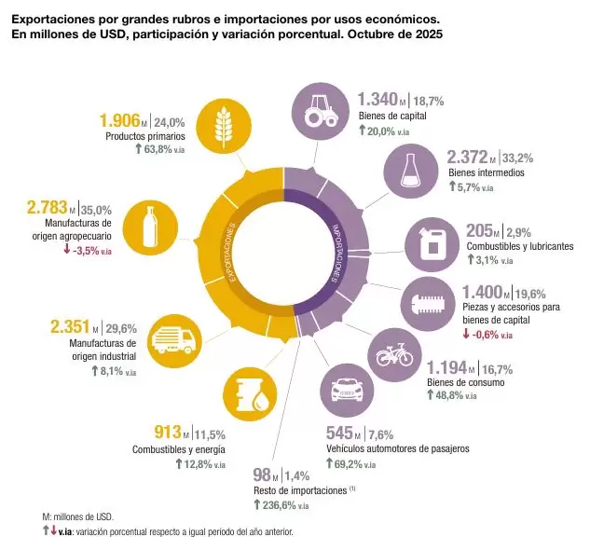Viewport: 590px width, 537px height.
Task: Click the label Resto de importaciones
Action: click(298, 489)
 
